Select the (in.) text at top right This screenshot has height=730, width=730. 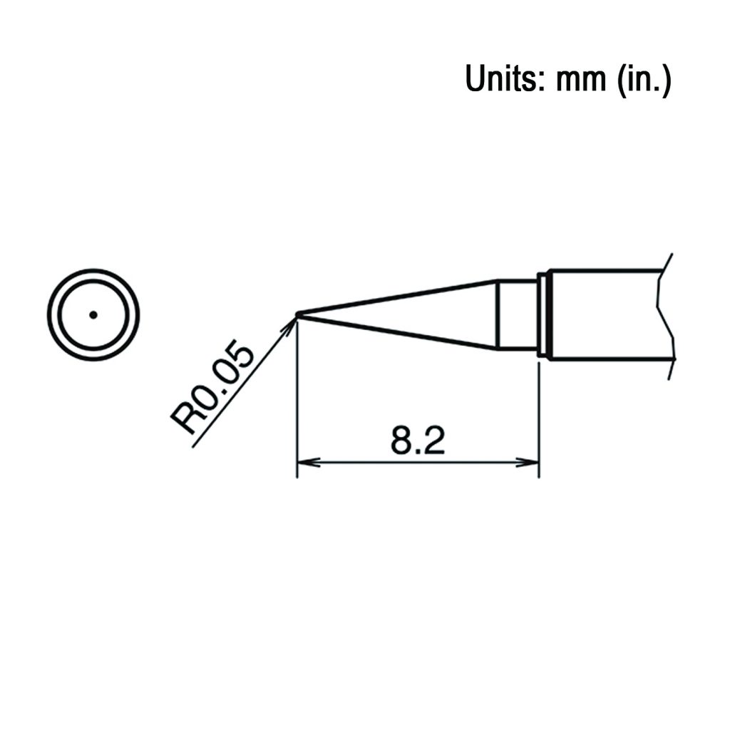(644, 80)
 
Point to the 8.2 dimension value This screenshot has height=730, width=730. (418, 440)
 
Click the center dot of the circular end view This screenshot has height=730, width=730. (93, 315)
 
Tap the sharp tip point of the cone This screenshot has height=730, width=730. (297, 314)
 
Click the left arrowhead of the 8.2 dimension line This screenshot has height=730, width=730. (308, 463)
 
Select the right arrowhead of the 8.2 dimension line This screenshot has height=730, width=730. (527, 463)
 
